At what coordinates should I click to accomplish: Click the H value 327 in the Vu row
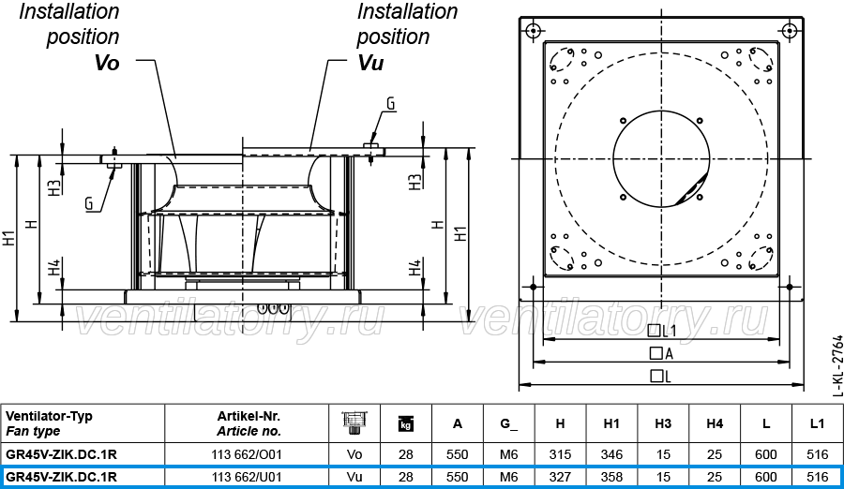tap(560, 477)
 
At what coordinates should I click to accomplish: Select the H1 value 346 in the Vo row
tap(611, 454)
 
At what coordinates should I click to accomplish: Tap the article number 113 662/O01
tap(247, 454)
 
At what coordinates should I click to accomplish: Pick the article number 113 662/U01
tap(247, 477)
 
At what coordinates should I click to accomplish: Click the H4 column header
tap(715, 424)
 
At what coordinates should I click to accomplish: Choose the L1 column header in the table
tap(817, 424)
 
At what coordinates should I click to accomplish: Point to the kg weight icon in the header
tap(406, 424)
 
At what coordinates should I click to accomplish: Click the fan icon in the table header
tap(354, 422)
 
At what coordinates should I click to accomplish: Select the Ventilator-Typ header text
tap(49, 416)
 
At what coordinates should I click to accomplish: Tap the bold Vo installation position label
tap(107, 63)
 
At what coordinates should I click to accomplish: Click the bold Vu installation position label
tap(370, 63)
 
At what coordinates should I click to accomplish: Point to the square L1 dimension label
tap(661, 331)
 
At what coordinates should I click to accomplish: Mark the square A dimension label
tap(661, 353)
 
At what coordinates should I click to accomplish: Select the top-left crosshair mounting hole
tap(533, 31)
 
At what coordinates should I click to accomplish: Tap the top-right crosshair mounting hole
tap(790, 31)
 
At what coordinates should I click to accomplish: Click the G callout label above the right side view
tap(391, 104)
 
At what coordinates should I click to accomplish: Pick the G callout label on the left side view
tap(89, 203)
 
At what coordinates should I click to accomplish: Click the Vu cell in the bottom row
tap(354, 477)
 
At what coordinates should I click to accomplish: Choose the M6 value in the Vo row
tap(508, 454)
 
